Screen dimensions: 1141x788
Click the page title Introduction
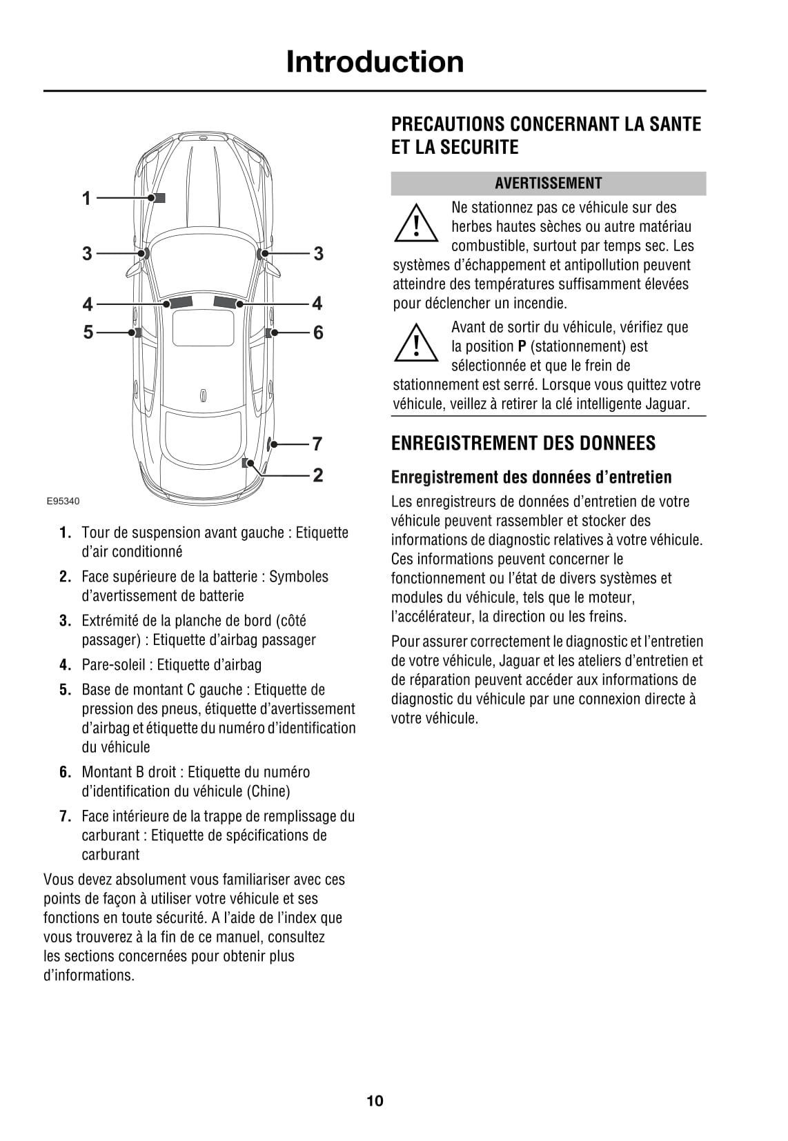pos(375,62)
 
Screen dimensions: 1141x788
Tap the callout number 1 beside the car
pos(87,199)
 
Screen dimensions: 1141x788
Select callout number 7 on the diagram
pos(317,444)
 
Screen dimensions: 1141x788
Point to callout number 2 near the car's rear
pos(317,475)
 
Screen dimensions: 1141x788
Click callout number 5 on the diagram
pos(88,333)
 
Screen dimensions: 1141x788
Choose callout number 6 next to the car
pos(317,333)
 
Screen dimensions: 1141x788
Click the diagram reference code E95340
pos(63,502)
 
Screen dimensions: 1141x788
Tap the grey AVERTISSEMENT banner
pos(548,183)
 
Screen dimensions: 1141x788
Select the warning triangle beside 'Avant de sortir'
pos(416,344)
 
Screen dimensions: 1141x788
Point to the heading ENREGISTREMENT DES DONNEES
pos(523,444)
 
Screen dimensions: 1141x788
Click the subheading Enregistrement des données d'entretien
pos(531,477)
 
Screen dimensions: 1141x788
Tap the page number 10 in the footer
pos(375,1101)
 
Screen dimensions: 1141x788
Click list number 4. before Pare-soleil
pos(66,665)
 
